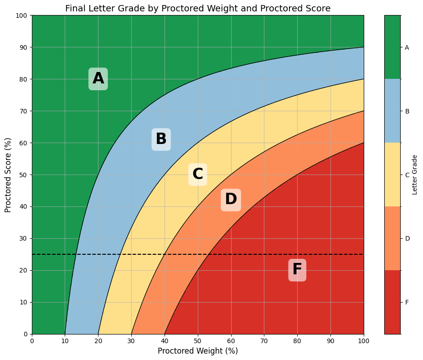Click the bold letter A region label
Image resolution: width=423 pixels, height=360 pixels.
pos(98,79)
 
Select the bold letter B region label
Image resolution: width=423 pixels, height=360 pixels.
pos(161,139)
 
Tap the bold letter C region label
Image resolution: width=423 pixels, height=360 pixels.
pos(197,174)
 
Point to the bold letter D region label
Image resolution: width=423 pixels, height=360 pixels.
pos(231,199)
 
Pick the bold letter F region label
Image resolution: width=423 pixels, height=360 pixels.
pos(297,270)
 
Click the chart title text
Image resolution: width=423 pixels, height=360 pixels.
pos(198,8)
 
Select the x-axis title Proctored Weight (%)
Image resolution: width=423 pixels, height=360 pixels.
pos(198,351)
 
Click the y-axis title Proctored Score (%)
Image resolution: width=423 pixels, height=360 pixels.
pos(8,175)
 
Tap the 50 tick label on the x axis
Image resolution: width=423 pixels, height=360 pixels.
pos(198,340)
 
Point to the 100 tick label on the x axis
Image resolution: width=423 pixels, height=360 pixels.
pos(364,340)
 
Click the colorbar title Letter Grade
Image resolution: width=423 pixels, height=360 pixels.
pos(414,175)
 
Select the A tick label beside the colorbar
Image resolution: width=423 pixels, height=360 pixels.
pos(407,47)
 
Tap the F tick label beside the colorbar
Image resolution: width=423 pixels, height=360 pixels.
pos(407,302)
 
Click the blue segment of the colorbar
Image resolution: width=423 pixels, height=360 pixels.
pos(392,111)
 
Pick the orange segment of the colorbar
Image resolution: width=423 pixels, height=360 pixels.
pos(392,238)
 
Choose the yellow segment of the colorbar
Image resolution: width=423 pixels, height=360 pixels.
pos(392,175)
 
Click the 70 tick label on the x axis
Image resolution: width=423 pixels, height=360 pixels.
pos(264,340)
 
